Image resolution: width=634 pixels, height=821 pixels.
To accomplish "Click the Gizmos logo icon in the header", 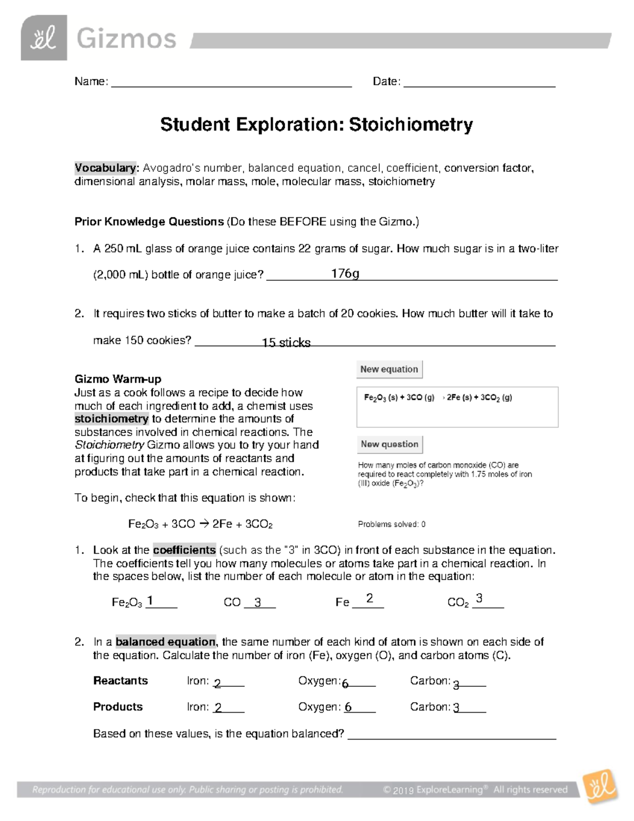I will click(x=44, y=38).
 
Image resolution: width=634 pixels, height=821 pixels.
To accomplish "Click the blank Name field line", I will click(x=231, y=82).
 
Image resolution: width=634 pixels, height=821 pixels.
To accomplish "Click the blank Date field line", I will click(x=479, y=82).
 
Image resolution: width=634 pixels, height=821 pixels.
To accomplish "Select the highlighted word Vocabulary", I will click(x=106, y=168).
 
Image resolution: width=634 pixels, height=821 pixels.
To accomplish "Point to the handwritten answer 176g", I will click(x=345, y=273).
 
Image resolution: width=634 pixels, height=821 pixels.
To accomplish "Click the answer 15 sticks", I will click(x=286, y=343).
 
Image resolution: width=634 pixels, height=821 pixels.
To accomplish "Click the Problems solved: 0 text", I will click(x=391, y=524).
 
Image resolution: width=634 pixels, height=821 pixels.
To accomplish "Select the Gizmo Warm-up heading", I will click(x=118, y=379).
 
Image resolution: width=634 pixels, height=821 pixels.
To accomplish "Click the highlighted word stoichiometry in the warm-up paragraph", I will click(x=111, y=419).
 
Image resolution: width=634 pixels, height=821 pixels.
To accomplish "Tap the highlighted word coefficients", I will click(x=184, y=550).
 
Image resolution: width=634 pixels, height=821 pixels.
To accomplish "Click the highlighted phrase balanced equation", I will click(x=165, y=642).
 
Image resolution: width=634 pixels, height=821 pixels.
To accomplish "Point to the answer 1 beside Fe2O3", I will click(x=151, y=601).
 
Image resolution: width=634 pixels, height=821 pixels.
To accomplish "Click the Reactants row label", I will click(x=120, y=681).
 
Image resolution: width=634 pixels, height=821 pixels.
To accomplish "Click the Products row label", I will click(x=118, y=707).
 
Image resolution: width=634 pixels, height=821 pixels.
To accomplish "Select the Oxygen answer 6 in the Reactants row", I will click(x=345, y=684).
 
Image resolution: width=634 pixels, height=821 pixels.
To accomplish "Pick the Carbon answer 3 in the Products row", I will click(x=456, y=708).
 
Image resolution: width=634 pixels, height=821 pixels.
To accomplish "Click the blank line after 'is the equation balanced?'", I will click(x=452, y=735).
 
